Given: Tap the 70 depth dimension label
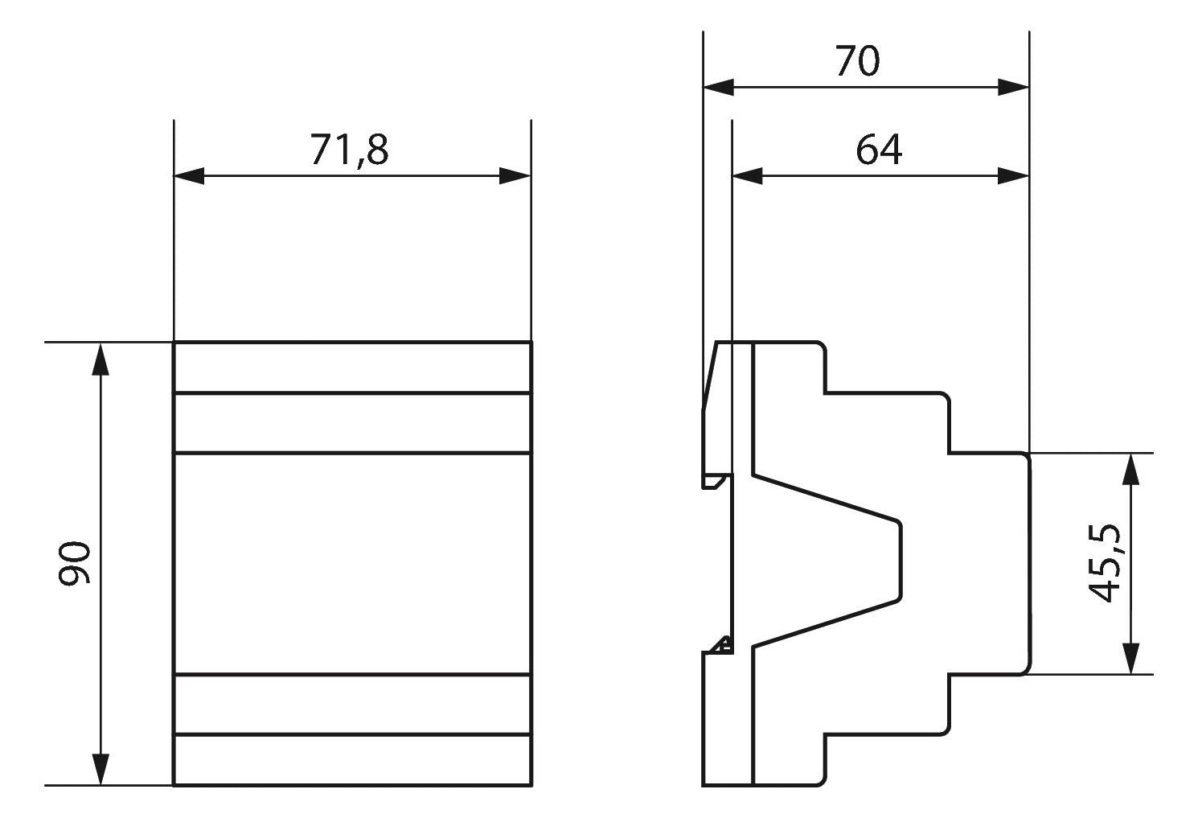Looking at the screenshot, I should (x=857, y=61).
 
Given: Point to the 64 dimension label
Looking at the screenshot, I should (x=878, y=150).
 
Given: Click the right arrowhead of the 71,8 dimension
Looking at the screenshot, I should (x=515, y=176).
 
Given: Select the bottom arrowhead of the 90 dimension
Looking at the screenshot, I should (x=100, y=769).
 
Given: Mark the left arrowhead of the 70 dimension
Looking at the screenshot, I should (x=718, y=87).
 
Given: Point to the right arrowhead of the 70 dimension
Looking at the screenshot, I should (x=1014, y=87).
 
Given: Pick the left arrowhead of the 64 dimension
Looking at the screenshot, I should (x=747, y=176).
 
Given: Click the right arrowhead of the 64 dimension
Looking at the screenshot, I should (x=1014, y=176).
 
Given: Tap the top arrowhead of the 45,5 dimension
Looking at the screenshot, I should (x=1131, y=468).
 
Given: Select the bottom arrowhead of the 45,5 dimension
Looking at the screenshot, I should (x=1131, y=658).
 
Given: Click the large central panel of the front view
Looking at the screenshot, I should (x=352, y=563).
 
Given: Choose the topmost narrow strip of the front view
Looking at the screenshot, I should (x=352, y=368).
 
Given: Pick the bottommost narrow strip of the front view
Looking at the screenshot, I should (x=352, y=759).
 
